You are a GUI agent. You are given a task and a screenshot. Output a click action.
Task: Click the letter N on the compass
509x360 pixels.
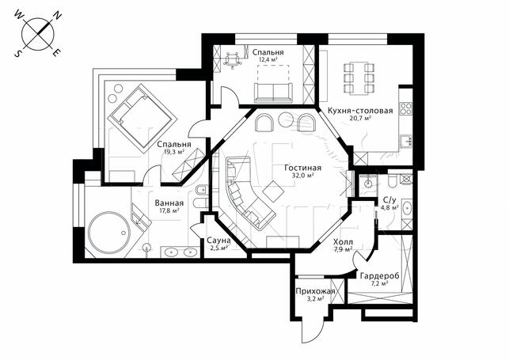(x=58, y=15)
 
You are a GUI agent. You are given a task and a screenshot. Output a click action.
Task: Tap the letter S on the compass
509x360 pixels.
(x=17, y=54)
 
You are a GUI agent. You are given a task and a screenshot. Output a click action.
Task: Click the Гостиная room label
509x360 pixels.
(x=303, y=168)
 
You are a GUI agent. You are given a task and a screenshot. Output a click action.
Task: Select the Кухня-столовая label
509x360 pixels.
(x=360, y=111)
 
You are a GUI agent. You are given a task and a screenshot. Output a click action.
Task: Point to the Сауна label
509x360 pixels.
(x=218, y=241)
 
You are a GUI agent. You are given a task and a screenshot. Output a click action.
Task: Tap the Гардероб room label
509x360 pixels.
(x=380, y=275)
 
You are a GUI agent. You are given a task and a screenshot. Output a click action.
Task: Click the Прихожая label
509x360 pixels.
(x=315, y=291)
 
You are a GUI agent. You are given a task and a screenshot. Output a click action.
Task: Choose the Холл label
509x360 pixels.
(x=343, y=242)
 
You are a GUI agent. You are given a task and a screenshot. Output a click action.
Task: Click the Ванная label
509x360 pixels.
(x=169, y=203)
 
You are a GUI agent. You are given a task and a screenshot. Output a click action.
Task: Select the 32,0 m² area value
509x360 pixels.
(x=303, y=176)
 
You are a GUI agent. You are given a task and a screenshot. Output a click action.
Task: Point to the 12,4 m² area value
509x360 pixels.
(x=268, y=59)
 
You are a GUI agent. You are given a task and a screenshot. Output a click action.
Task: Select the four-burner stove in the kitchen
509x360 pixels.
(x=406, y=108)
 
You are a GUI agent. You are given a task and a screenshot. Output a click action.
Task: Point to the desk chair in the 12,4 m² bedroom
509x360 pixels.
(x=232, y=61)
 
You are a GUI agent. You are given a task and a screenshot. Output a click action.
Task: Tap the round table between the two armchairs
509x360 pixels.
(x=287, y=120)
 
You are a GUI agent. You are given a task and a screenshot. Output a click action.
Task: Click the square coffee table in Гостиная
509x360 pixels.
(x=273, y=190)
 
